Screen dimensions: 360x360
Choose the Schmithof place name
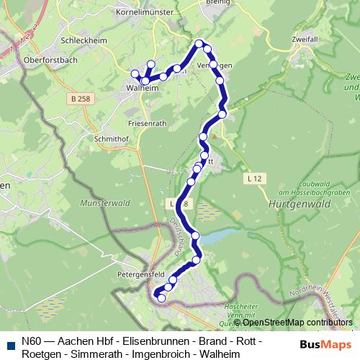110,138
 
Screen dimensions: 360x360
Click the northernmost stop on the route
199,44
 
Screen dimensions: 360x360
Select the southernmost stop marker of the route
161,298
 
